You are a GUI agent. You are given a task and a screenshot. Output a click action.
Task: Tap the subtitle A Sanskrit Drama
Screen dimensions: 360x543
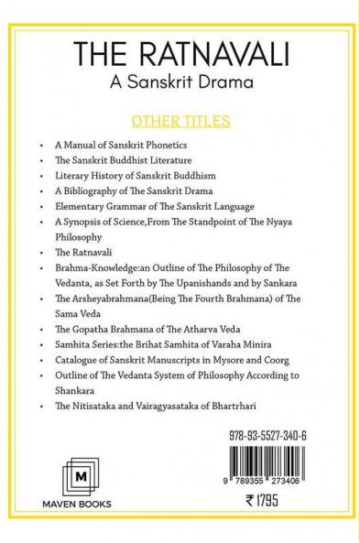click(x=180, y=85)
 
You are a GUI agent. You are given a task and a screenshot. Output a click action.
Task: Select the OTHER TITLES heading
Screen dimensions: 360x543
click(x=179, y=121)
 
